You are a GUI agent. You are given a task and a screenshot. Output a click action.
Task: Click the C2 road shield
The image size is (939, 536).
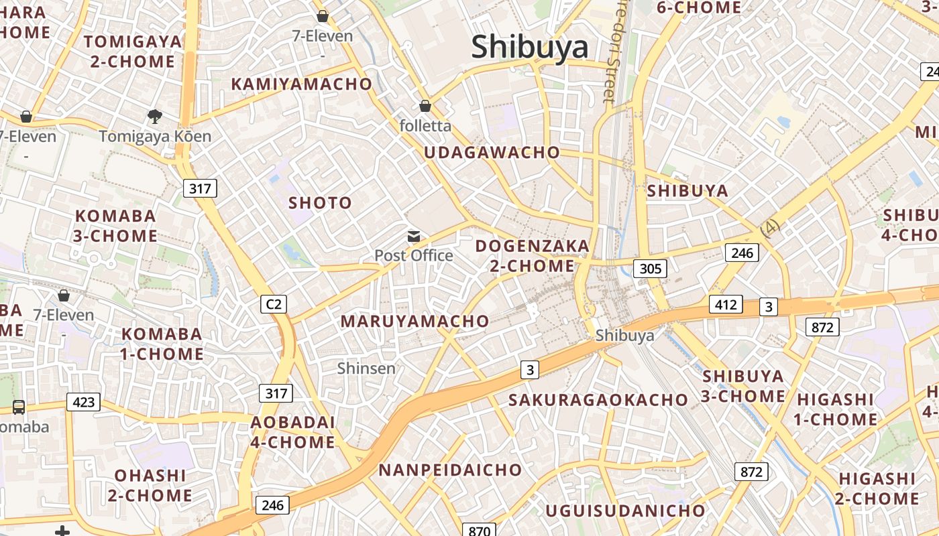pos(274,304)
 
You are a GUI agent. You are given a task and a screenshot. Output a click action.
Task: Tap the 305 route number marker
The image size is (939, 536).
pos(650,269)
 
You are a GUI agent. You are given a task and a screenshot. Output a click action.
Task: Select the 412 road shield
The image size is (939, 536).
pos(726,305)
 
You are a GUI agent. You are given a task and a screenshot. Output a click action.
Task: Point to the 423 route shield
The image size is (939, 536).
pos(83,402)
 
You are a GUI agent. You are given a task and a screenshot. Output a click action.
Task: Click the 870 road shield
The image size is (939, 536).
pos(479,531)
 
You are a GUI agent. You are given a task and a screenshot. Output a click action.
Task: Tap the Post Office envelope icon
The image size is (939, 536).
pos(414,236)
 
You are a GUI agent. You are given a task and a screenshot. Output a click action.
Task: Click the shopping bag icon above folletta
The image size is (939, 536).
pos(425,106)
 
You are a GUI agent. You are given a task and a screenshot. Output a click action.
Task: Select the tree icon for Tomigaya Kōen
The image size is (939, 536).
pos(155,117)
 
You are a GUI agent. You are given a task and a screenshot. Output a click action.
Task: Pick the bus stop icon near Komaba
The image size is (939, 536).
pos(19,407)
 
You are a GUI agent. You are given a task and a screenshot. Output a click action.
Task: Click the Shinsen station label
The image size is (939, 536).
pos(366,368)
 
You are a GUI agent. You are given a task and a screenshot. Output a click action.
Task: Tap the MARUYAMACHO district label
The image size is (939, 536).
pos(415,321)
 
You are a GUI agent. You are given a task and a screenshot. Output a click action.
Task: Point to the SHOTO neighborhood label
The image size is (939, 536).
pos(320,202)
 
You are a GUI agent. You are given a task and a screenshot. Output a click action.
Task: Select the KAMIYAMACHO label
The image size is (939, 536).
pos(301,84)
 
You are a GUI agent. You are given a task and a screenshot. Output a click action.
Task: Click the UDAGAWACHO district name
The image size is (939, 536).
pos(492,152)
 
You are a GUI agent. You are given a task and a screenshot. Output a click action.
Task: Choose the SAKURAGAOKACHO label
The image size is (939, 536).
pos(598,400)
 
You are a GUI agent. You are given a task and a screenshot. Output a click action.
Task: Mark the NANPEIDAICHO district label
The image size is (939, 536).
pos(450,470)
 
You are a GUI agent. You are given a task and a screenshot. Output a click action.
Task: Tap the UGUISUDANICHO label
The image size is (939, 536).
pos(625,511)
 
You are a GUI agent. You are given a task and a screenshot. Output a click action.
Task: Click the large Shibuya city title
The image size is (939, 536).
pos(529,47)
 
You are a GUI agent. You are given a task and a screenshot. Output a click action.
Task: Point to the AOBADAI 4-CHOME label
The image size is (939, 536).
pos(292,432)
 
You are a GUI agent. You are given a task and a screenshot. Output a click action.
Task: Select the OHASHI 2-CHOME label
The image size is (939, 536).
pos(150,486)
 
